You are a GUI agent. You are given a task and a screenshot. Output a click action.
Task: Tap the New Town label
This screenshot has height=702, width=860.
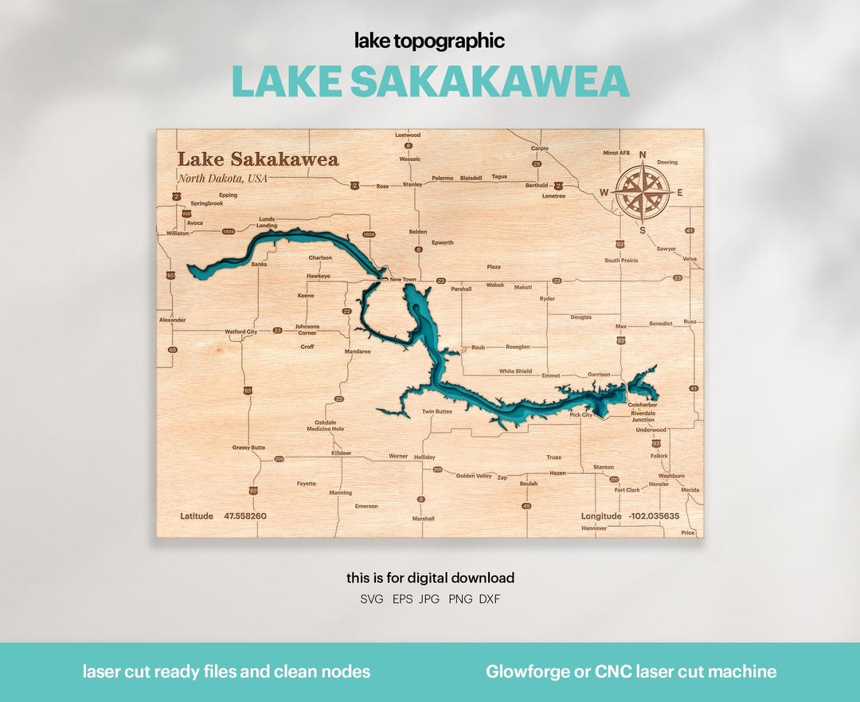(x=402, y=280)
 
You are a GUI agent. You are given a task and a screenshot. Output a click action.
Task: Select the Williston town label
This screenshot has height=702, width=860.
(x=177, y=233)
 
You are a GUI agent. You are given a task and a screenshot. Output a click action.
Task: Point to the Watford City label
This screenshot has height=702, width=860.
(x=240, y=331)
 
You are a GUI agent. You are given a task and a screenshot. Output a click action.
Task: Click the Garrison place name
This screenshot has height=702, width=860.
(x=599, y=375)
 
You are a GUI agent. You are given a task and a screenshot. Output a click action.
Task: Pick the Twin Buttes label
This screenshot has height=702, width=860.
(x=437, y=411)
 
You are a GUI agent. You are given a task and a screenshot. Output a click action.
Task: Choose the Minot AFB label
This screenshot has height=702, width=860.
(x=616, y=153)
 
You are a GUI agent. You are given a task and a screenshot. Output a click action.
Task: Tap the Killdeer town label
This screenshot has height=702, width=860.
(x=341, y=453)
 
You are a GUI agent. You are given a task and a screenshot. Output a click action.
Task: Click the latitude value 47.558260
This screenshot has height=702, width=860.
(x=245, y=516)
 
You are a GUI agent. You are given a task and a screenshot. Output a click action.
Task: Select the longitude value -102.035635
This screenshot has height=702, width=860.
(x=654, y=516)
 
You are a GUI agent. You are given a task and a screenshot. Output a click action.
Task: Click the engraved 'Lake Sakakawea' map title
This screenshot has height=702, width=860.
(x=257, y=159)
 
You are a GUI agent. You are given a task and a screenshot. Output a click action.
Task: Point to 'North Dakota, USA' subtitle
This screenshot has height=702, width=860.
(x=222, y=178)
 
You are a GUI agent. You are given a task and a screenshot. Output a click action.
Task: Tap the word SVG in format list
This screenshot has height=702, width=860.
(x=372, y=599)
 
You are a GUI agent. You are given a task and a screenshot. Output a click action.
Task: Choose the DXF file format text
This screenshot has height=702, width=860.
(x=489, y=599)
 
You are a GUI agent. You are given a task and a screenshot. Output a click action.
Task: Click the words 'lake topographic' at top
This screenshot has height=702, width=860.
(x=430, y=41)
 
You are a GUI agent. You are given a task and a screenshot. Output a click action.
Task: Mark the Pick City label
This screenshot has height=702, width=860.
(x=580, y=415)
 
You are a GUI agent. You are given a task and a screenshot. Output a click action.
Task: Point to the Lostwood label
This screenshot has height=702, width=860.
(x=408, y=135)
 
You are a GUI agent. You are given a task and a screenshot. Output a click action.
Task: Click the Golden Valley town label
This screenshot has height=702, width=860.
(x=474, y=476)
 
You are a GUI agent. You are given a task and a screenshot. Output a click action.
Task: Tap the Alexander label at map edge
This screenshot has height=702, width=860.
(x=172, y=320)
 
